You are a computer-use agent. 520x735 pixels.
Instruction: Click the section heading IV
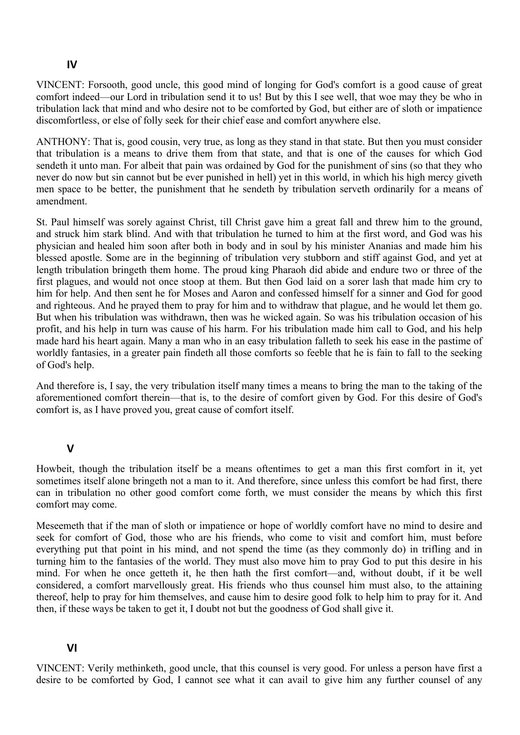[72, 65]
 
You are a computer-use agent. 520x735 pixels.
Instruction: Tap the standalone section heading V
[70, 449]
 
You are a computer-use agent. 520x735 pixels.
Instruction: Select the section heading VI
[72, 648]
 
